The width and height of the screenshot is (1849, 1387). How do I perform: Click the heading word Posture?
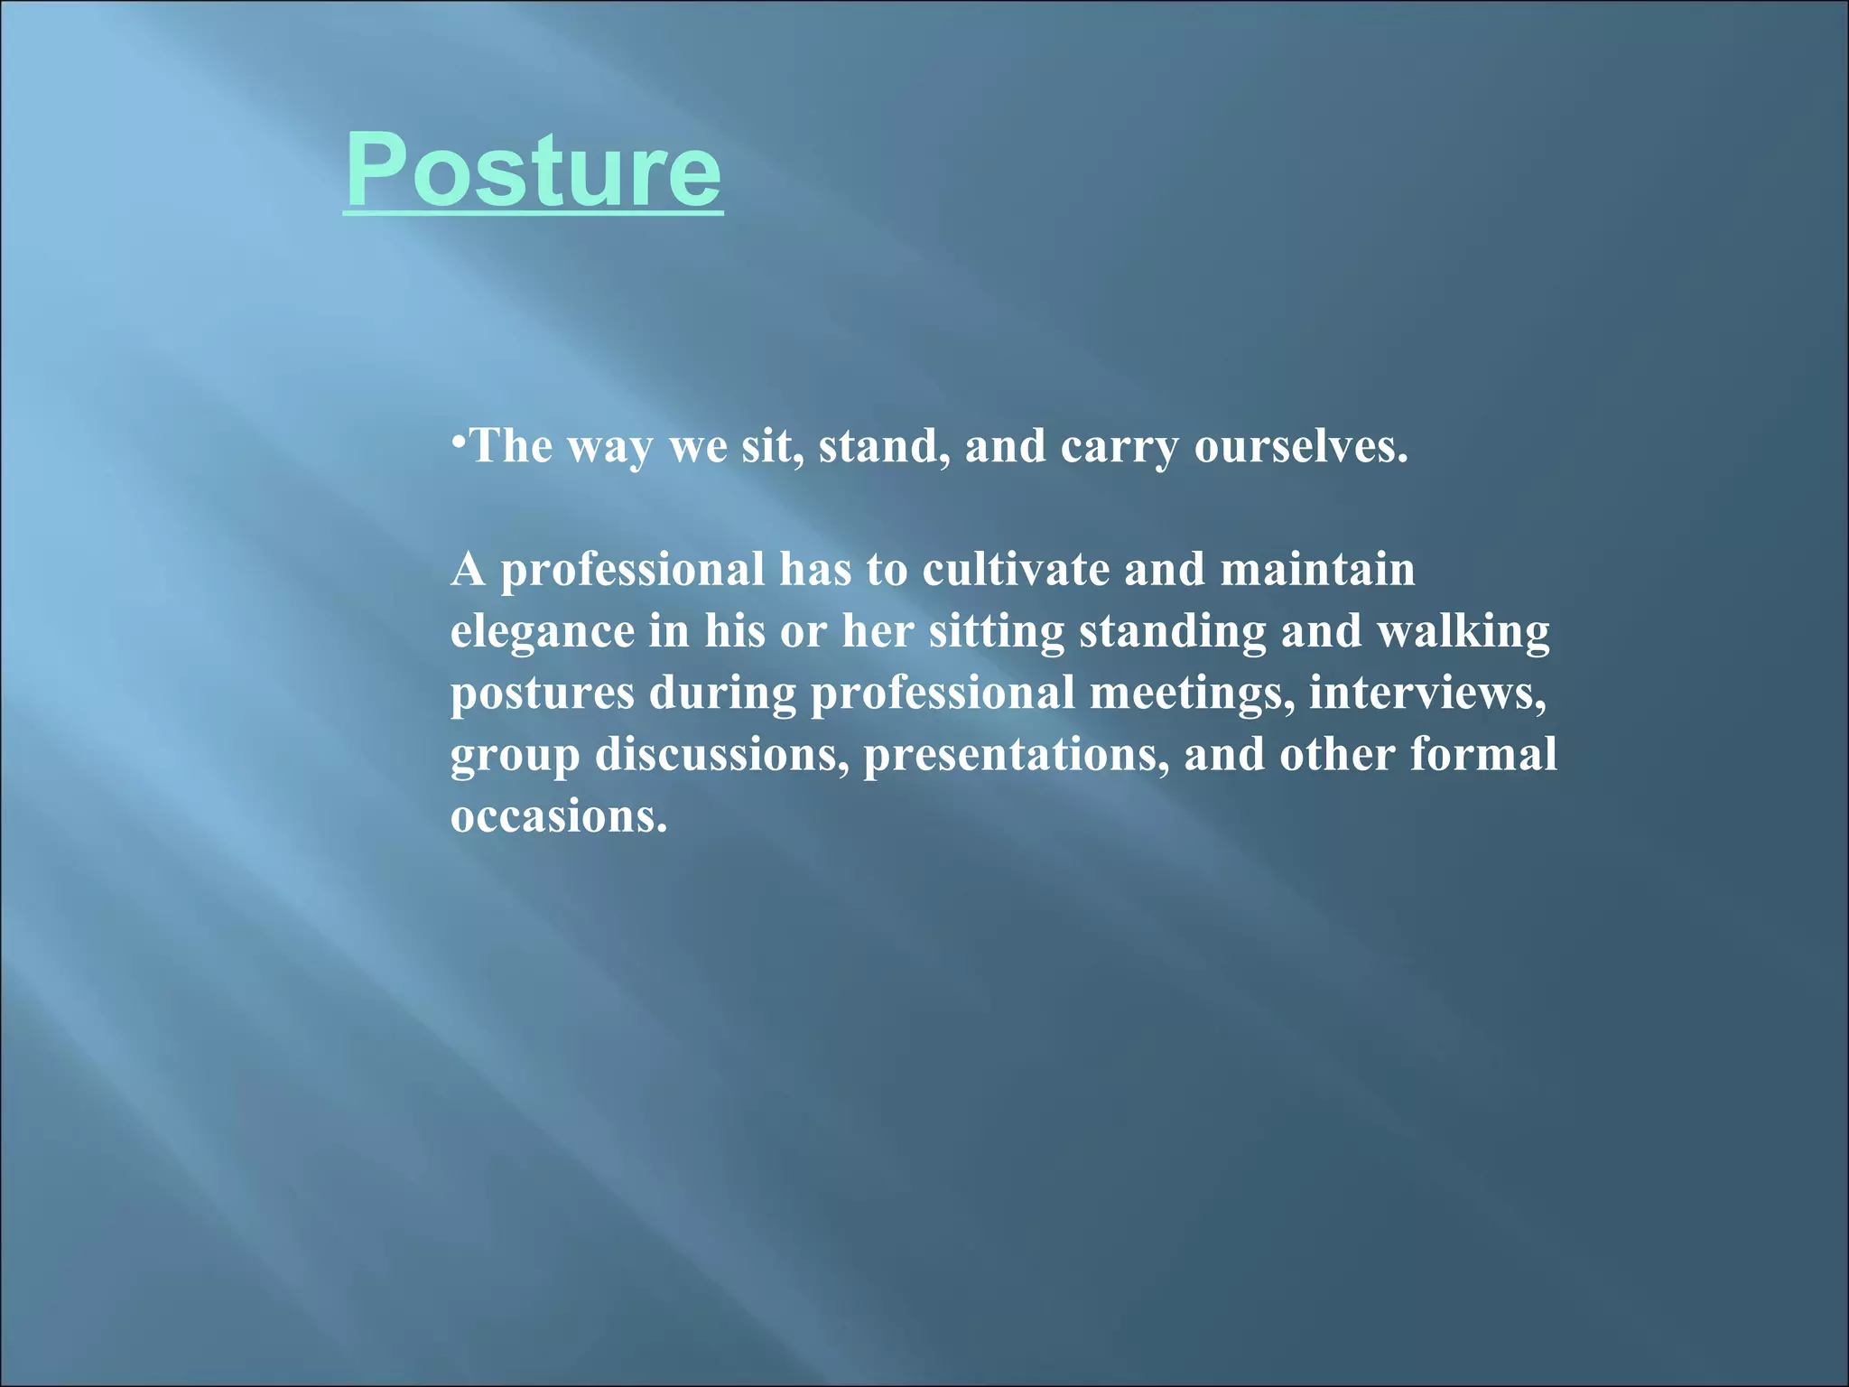pos(533,170)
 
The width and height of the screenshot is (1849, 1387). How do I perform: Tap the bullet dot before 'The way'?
pos(459,441)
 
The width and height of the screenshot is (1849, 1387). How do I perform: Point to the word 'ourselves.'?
pos(1301,446)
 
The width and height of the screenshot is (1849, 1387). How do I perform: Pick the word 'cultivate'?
pos(1016,570)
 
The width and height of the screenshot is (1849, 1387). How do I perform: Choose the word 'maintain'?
pos(1317,570)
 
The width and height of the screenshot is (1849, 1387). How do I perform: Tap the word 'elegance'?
pos(542,632)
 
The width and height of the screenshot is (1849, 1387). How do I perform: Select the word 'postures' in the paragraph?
pos(543,693)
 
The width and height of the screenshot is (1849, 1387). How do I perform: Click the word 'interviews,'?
pos(1427,693)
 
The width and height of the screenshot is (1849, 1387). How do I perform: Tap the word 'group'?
pos(515,756)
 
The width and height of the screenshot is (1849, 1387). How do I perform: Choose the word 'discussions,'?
pos(721,755)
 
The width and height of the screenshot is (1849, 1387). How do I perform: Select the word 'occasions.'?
pos(559,816)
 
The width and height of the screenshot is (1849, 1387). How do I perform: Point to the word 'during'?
pos(722,693)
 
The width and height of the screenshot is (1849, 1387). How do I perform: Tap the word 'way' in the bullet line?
pos(609,447)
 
